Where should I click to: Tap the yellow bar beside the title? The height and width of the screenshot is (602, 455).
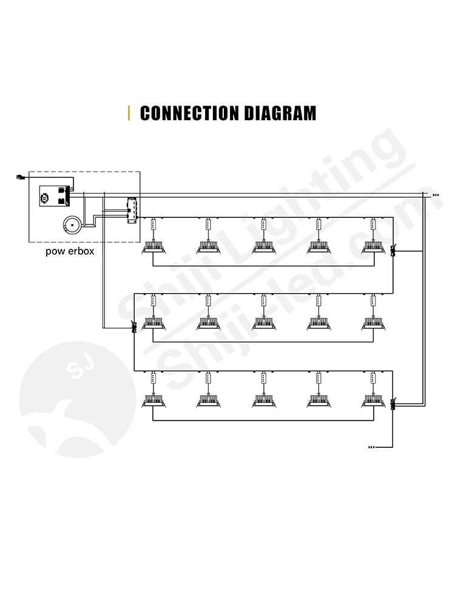tap(129, 113)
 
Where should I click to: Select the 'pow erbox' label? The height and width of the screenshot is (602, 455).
tap(70, 251)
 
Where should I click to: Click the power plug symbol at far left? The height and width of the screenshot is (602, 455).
tap(19, 177)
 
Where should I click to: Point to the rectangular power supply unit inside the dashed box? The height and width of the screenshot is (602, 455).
tap(52, 195)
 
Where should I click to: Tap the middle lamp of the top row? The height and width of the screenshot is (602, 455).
tap(263, 246)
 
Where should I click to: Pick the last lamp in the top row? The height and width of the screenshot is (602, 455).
tap(373, 246)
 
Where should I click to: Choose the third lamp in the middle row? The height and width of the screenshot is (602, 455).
tap(263, 322)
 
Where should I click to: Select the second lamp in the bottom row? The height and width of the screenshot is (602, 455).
tap(207, 399)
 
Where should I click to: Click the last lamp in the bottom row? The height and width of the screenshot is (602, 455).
tap(373, 399)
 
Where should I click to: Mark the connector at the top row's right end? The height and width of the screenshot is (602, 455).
tap(394, 250)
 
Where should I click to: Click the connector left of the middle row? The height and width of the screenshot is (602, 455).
tap(135, 328)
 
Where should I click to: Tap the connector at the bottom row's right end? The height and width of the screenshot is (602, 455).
tap(394, 404)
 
